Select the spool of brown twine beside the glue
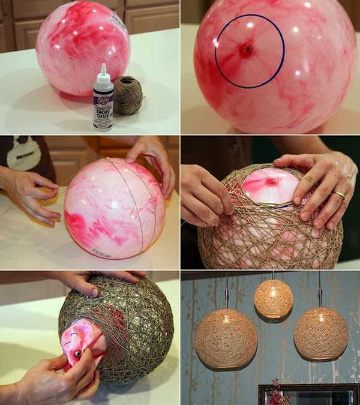(x=128, y=95)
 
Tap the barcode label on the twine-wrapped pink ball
(x=100, y=253)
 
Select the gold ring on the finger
(x=340, y=195)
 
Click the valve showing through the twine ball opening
(x=272, y=181)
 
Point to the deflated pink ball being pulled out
(x=83, y=340)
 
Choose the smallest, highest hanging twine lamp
(x=273, y=298)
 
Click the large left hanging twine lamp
(x=226, y=338)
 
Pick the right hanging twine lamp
(x=320, y=334)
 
